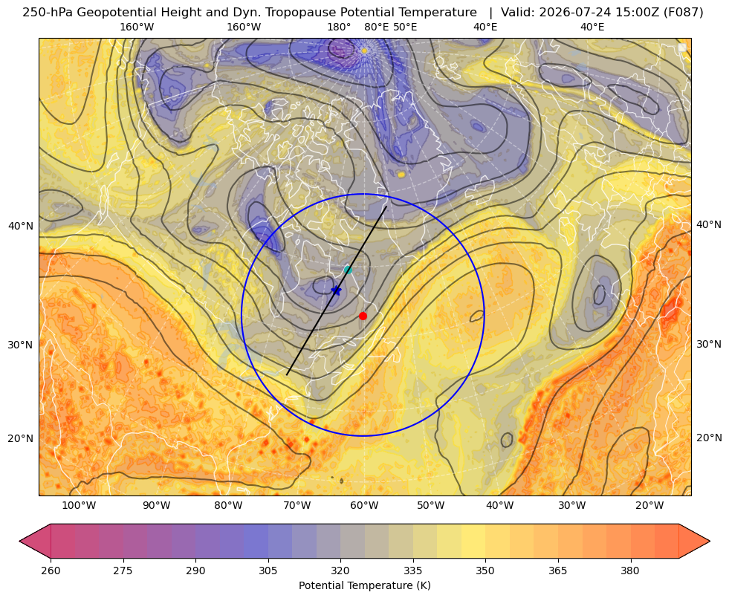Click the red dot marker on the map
click(363, 316)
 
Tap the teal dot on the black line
click(348, 270)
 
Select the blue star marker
click(336, 290)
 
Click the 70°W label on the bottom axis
click(297, 506)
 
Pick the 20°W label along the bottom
click(649, 506)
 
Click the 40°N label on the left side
click(21, 227)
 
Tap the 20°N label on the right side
click(709, 438)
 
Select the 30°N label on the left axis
click(21, 345)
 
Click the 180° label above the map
click(340, 27)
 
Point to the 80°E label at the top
click(377, 27)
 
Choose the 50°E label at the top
click(406, 27)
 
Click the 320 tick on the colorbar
click(340, 571)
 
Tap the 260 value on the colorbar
click(51, 571)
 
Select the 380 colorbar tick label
click(630, 571)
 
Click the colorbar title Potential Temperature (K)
click(364, 585)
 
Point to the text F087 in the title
click(685, 13)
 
